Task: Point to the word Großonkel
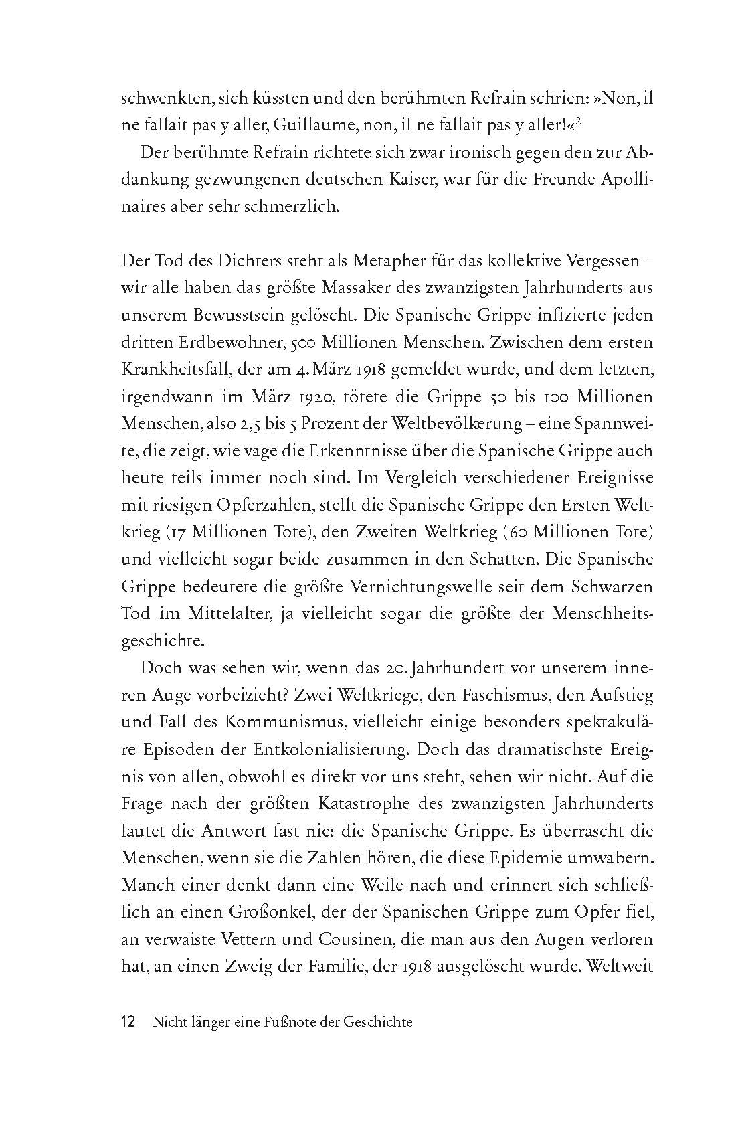click(x=262, y=912)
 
